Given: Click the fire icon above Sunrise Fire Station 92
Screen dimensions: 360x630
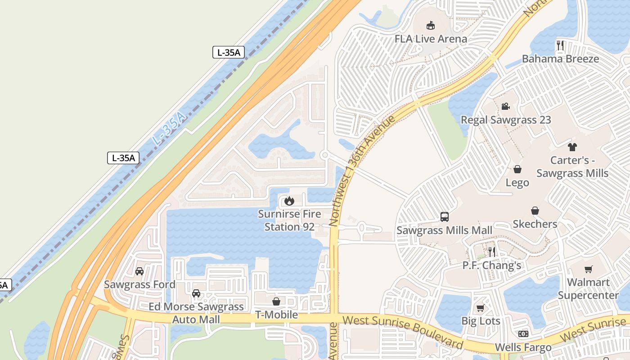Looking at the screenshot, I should point(289,201).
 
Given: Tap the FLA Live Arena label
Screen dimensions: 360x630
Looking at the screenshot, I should point(431,39).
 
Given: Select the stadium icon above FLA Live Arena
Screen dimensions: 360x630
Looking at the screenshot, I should point(431,25).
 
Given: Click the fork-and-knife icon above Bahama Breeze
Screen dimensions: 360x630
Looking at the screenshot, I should point(560,45).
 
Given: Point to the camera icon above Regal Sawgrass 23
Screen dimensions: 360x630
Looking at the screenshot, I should point(505,106).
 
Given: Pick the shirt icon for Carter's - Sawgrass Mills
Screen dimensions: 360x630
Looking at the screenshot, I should point(572,147).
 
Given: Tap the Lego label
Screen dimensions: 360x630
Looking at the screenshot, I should point(517,183).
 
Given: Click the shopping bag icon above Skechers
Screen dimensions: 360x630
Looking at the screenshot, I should point(535,211).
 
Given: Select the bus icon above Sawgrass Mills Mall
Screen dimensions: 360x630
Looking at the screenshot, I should point(445,217).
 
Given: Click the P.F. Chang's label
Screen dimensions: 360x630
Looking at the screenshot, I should point(491,265).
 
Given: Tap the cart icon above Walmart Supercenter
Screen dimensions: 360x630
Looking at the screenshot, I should point(588,269).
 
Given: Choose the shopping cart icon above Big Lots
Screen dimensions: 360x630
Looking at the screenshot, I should point(481,308).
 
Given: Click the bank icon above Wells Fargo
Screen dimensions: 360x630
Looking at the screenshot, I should point(523,334).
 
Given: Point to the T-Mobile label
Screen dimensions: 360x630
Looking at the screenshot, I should point(276,315).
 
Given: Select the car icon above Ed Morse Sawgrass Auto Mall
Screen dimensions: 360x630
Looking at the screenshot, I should point(196,293).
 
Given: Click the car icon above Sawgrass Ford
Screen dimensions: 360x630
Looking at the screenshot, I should point(139,271).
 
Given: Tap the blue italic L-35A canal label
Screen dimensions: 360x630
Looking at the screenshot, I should point(169,129).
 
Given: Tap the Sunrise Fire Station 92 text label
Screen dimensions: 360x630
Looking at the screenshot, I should point(289,220).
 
